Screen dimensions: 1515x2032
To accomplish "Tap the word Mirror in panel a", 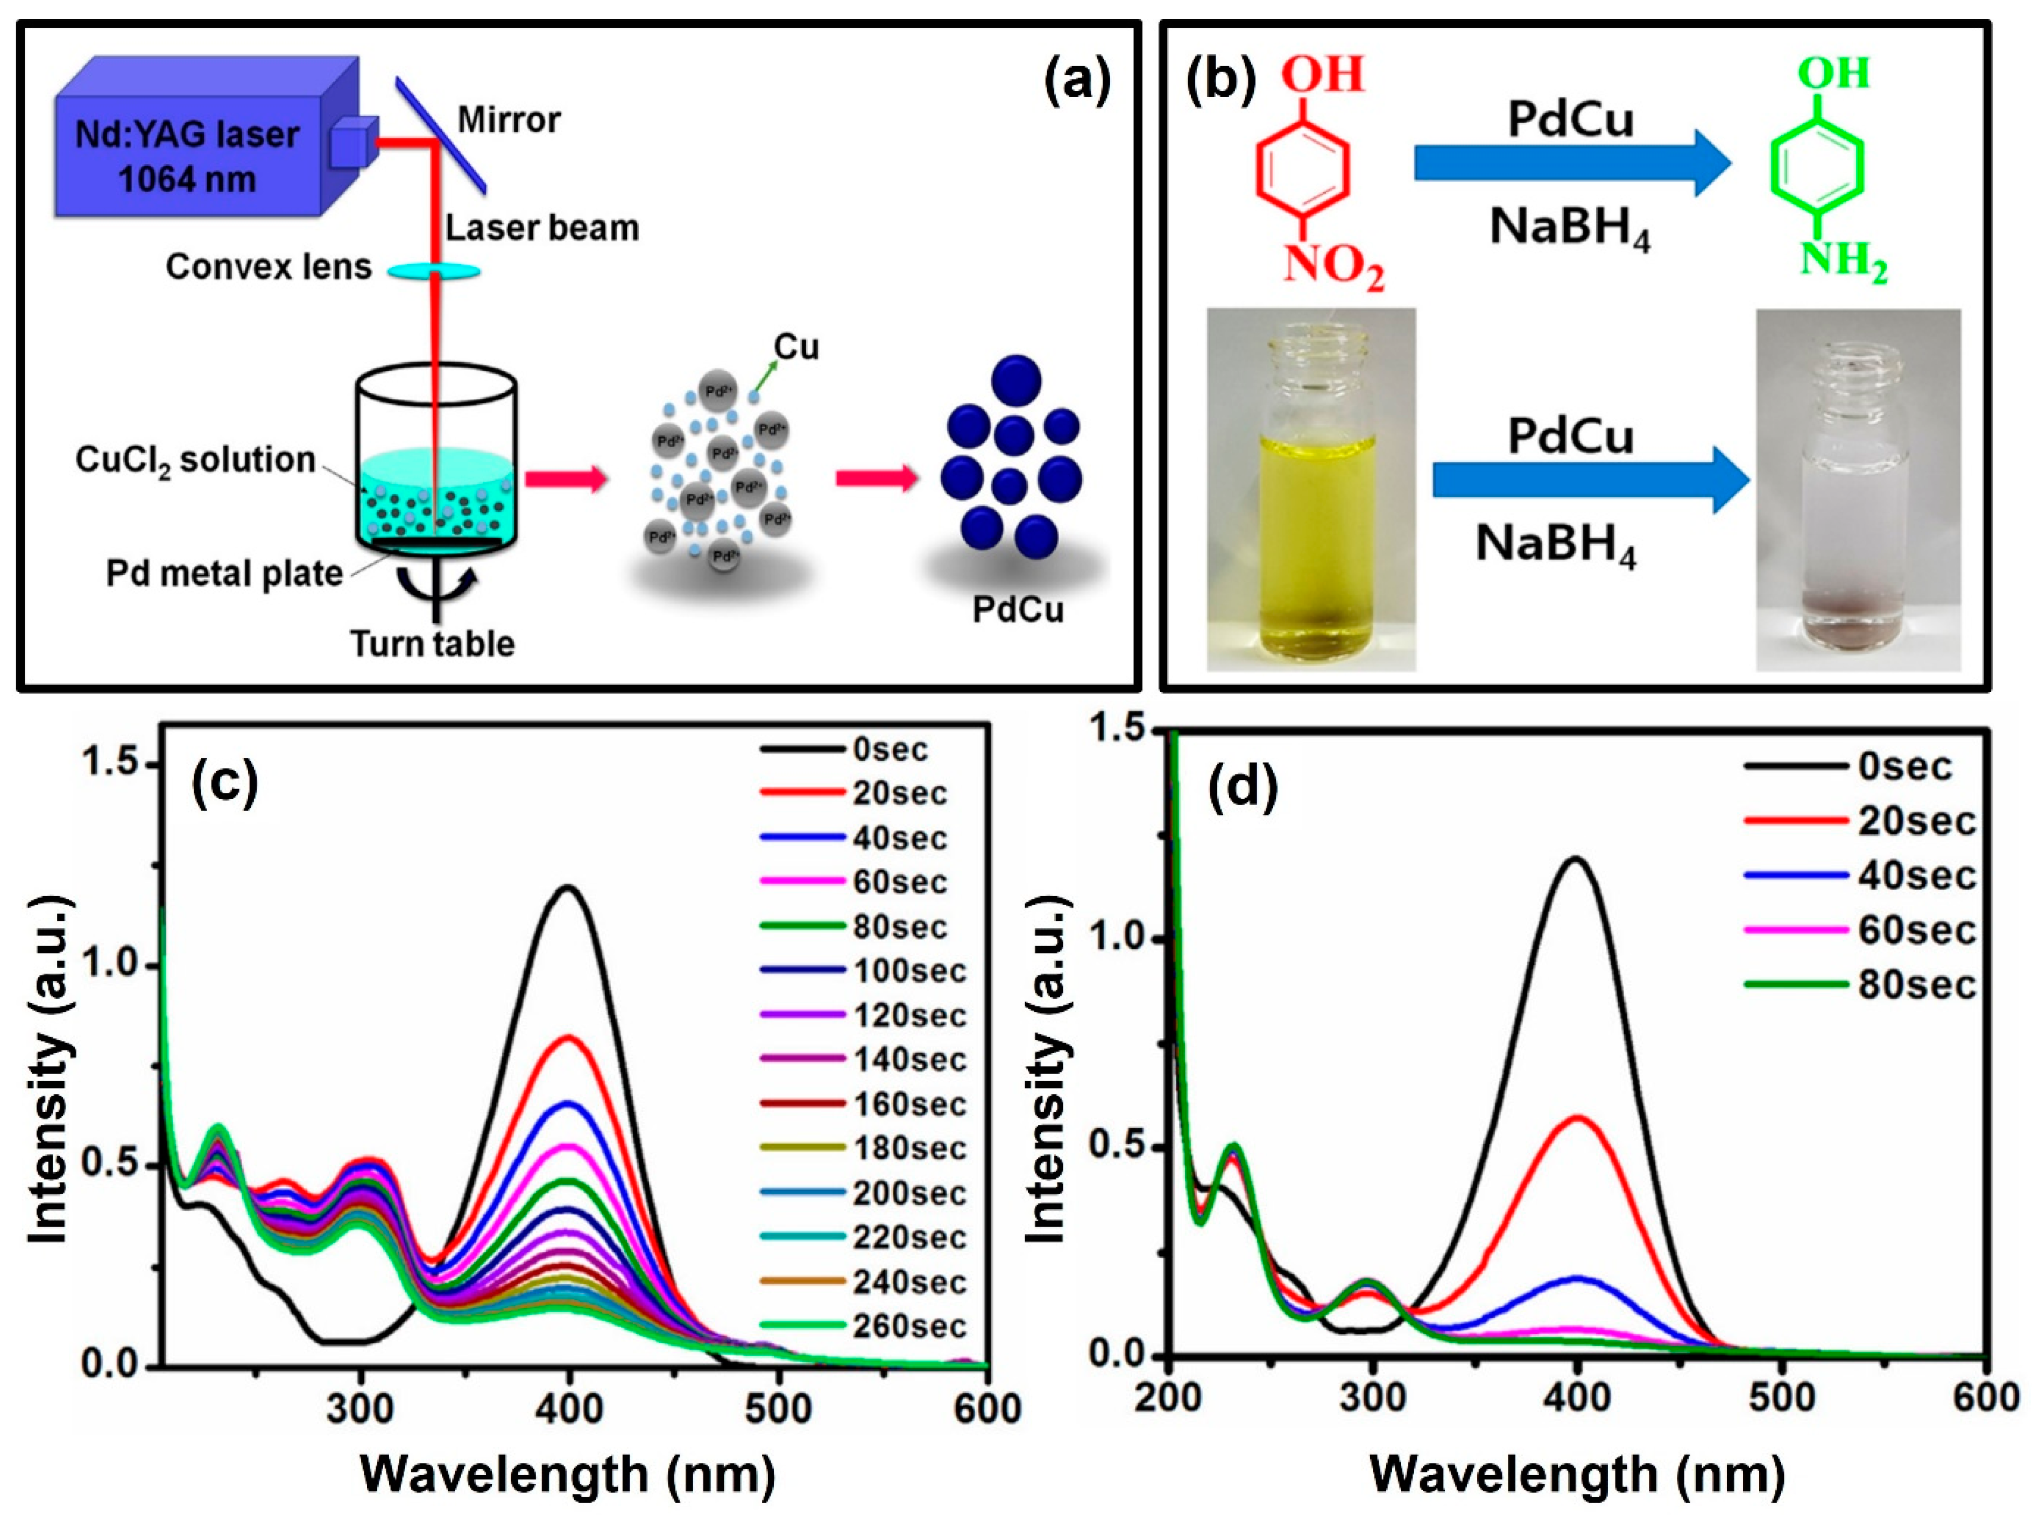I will tap(509, 120).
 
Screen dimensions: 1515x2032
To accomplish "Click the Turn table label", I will tap(433, 644).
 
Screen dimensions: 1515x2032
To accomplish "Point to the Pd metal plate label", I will tap(224, 574).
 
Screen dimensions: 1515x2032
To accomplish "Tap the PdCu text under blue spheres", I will tap(1018, 609).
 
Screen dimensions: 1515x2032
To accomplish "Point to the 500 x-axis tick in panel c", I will tap(778, 1408).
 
